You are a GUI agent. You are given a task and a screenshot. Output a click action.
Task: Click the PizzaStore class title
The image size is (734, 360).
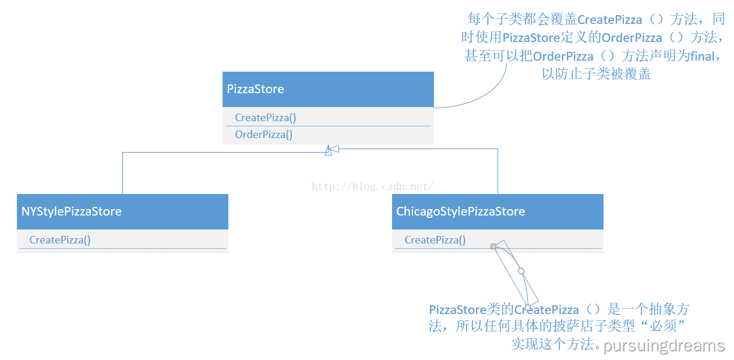tap(255, 89)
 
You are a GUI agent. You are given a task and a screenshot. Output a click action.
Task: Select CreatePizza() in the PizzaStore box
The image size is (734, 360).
tap(266, 118)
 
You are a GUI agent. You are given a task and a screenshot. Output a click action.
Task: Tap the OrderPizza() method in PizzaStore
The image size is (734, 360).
tap(264, 135)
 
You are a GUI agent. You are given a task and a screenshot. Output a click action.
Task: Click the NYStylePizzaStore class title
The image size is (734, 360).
tap(72, 211)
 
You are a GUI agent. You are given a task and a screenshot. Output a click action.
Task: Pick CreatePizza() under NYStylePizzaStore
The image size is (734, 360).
tap(60, 240)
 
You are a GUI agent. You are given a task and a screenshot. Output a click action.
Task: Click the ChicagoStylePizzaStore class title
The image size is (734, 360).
tap(460, 211)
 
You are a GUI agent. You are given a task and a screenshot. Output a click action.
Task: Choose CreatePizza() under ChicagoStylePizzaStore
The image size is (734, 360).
tap(435, 240)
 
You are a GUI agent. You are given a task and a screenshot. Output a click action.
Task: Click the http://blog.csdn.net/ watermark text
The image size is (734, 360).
tap(373, 186)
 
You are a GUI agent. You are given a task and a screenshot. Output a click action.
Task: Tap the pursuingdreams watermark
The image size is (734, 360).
tap(664, 346)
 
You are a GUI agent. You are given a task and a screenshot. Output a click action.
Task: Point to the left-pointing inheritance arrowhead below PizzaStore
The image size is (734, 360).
tap(334, 149)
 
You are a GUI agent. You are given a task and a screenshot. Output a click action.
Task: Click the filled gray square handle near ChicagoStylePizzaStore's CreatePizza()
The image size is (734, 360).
tap(493, 246)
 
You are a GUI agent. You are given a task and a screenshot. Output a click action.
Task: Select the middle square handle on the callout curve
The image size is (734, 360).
tap(521, 271)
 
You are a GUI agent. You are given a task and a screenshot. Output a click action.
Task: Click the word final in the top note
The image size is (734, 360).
tap(702, 57)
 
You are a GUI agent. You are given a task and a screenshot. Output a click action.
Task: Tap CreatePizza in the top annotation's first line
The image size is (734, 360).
tap(609, 20)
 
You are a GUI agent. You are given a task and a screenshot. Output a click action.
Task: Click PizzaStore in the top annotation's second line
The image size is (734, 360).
tap(531, 38)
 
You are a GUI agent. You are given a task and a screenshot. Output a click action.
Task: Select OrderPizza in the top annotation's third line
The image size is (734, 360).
tap(563, 57)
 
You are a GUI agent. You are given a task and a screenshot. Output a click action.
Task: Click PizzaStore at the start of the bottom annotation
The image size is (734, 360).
tap(458, 310)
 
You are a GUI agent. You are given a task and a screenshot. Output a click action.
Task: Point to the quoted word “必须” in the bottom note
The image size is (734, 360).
tap(662, 326)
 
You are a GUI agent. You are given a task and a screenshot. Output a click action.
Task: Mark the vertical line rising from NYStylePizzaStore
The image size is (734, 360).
tap(122, 173)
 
